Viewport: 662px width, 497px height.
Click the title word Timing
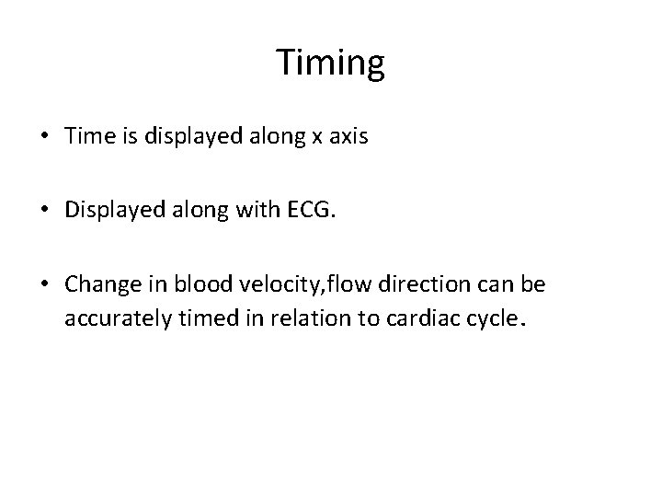point(330,64)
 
